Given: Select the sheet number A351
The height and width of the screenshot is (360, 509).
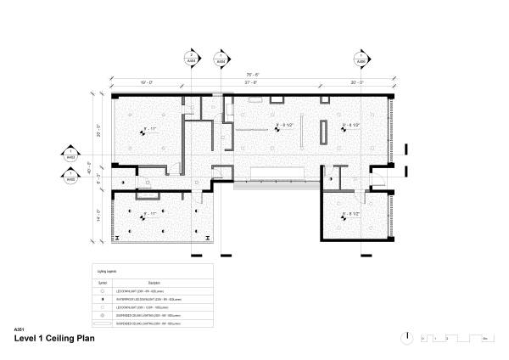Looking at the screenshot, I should pyautogui.click(x=20, y=329).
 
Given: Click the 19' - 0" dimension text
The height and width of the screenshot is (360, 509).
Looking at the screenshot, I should pyautogui.click(x=145, y=82).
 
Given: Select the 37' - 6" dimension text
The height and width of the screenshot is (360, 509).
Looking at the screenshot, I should pyautogui.click(x=251, y=82).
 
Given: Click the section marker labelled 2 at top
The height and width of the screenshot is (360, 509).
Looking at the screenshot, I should pyautogui.click(x=192, y=59).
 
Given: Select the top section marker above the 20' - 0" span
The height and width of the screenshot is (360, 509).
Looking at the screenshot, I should pyautogui.click(x=361, y=59).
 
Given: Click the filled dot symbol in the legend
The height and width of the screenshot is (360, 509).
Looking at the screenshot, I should pyautogui.click(x=102, y=299).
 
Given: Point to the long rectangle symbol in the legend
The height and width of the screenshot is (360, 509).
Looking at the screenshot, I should pyautogui.click(x=102, y=323).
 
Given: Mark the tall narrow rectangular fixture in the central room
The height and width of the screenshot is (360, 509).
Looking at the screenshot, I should pyautogui.click(x=323, y=132).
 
